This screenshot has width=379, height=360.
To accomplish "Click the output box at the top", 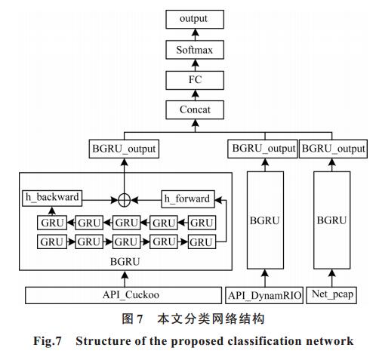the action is click(x=195, y=19).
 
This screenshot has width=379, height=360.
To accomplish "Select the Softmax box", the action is click(x=195, y=50).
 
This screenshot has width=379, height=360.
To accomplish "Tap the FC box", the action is click(x=195, y=80).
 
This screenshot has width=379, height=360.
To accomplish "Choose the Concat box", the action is click(x=195, y=109).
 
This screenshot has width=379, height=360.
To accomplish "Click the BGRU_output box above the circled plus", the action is click(x=124, y=149).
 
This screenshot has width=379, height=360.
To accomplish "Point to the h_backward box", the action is click(x=52, y=198).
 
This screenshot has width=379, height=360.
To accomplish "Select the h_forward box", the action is click(x=188, y=199).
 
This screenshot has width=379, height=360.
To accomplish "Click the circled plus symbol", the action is click(x=125, y=201).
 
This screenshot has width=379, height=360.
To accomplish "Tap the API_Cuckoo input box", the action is click(x=123, y=295).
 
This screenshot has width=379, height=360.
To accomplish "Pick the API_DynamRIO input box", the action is click(x=264, y=295).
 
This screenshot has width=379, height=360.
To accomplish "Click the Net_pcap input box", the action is click(x=331, y=295).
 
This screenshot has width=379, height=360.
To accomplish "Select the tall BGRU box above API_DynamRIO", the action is click(x=265, y=220).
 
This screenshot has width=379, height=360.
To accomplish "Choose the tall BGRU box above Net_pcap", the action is click(x=332, y=220).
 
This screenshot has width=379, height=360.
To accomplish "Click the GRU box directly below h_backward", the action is click(x=52, y=223).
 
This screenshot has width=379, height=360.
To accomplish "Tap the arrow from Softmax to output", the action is click(x=195, y=35).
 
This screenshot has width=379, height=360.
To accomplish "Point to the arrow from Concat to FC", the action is click(x=195, y=95).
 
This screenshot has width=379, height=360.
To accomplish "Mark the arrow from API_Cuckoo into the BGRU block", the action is click(x=125, y=278).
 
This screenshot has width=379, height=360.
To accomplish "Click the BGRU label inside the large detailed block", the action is click(x=125, y=262).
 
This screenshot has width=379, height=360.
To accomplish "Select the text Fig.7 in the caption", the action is click(x=48, y=341).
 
